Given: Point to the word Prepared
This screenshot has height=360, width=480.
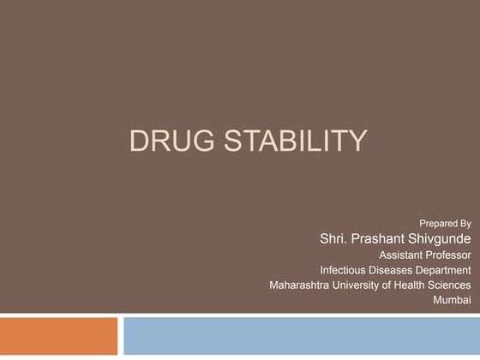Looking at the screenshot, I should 438,223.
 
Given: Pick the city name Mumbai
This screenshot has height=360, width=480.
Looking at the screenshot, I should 453,301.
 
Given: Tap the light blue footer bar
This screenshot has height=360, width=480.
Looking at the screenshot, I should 301,336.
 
